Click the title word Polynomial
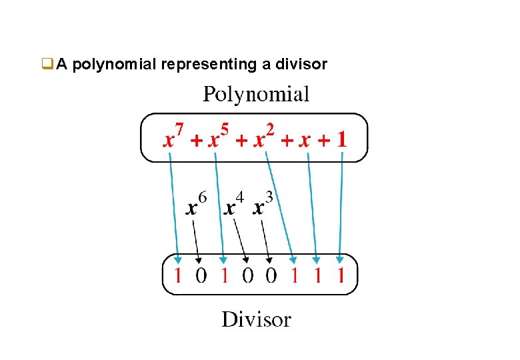(256, 94)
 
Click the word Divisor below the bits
(257, 319)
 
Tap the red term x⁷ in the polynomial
(174, 138)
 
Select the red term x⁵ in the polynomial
(217, 138)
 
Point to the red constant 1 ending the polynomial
(341, 139)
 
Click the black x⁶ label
(195, 204)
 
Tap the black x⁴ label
(233, 204)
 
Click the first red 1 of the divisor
(178, 275)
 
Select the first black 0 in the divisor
(201, 275)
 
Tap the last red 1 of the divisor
(341, 275)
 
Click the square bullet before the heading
(46, 65)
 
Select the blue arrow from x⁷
(173, 207)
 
